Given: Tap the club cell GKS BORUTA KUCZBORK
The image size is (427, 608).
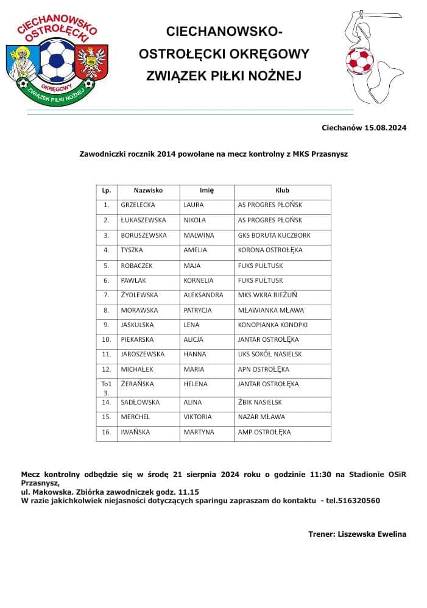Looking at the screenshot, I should (274, 235).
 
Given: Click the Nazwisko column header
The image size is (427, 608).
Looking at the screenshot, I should (148, 190).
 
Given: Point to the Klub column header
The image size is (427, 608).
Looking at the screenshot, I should (282, 190).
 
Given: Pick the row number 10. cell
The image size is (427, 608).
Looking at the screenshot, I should (106, 339).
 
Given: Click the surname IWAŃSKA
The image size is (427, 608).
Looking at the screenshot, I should (136, 432).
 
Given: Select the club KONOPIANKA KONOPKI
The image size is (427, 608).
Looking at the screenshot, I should (272, 325).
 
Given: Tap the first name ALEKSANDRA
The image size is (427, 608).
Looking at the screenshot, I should (203, 295).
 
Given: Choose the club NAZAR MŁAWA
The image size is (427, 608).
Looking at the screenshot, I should (261, 417).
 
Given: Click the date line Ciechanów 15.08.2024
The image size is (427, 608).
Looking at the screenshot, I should (364, 128).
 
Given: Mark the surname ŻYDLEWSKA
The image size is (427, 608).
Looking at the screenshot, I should (139, 295).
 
